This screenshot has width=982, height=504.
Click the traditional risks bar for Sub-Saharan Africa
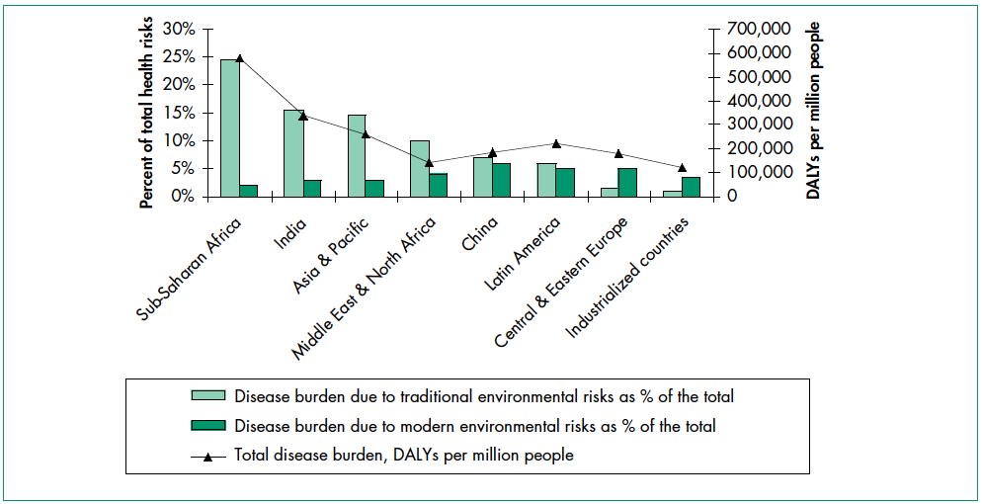[229, 128]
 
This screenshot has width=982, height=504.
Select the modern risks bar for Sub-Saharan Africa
[248, 191]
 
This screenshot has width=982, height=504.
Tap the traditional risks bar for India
[292, 153]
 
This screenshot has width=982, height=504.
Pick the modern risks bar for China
[501, 180]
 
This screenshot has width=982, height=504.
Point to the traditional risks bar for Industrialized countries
[672, 194]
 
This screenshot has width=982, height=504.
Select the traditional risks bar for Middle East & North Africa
[419, 169]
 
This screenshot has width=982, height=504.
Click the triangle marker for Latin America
[555, 144]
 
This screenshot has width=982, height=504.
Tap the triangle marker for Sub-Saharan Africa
[239, 58]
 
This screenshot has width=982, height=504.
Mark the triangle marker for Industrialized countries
[682, 168]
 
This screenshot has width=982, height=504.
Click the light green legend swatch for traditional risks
[209, 397]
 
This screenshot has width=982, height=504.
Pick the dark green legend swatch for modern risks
[209, 427]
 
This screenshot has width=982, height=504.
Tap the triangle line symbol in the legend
[209, 457]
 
